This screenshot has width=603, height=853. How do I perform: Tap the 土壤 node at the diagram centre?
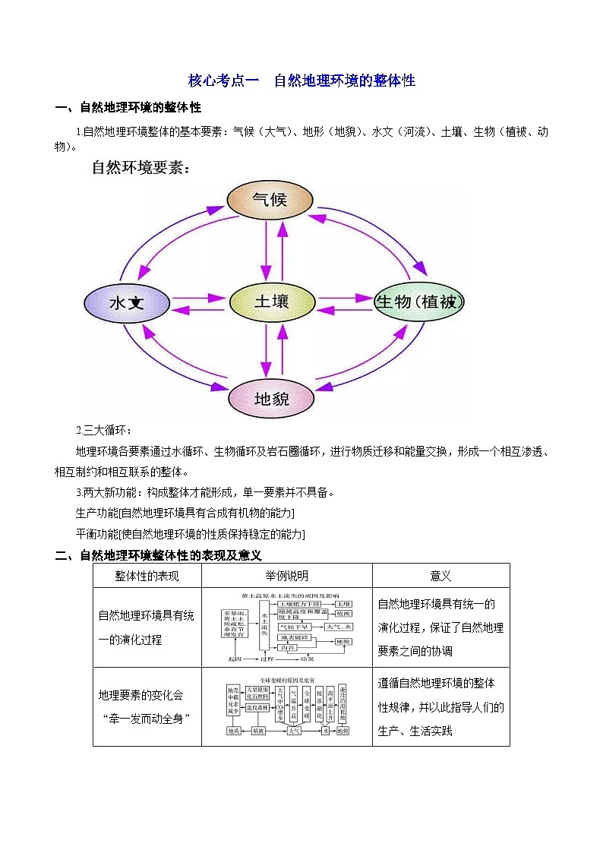coord(271,302)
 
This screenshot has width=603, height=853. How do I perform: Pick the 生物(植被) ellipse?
coord(418,302)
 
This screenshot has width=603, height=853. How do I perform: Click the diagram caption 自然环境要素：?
coord(140,167)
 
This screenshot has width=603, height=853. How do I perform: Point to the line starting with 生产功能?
coord(185,513)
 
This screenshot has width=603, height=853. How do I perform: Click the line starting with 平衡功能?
coord(190,534)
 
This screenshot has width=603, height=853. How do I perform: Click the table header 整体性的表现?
coord(147,577)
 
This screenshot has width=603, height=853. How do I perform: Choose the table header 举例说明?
coord(286,577)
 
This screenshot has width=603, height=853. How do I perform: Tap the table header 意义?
coord(440,577)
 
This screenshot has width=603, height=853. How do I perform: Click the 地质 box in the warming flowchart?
coord(234,731)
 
